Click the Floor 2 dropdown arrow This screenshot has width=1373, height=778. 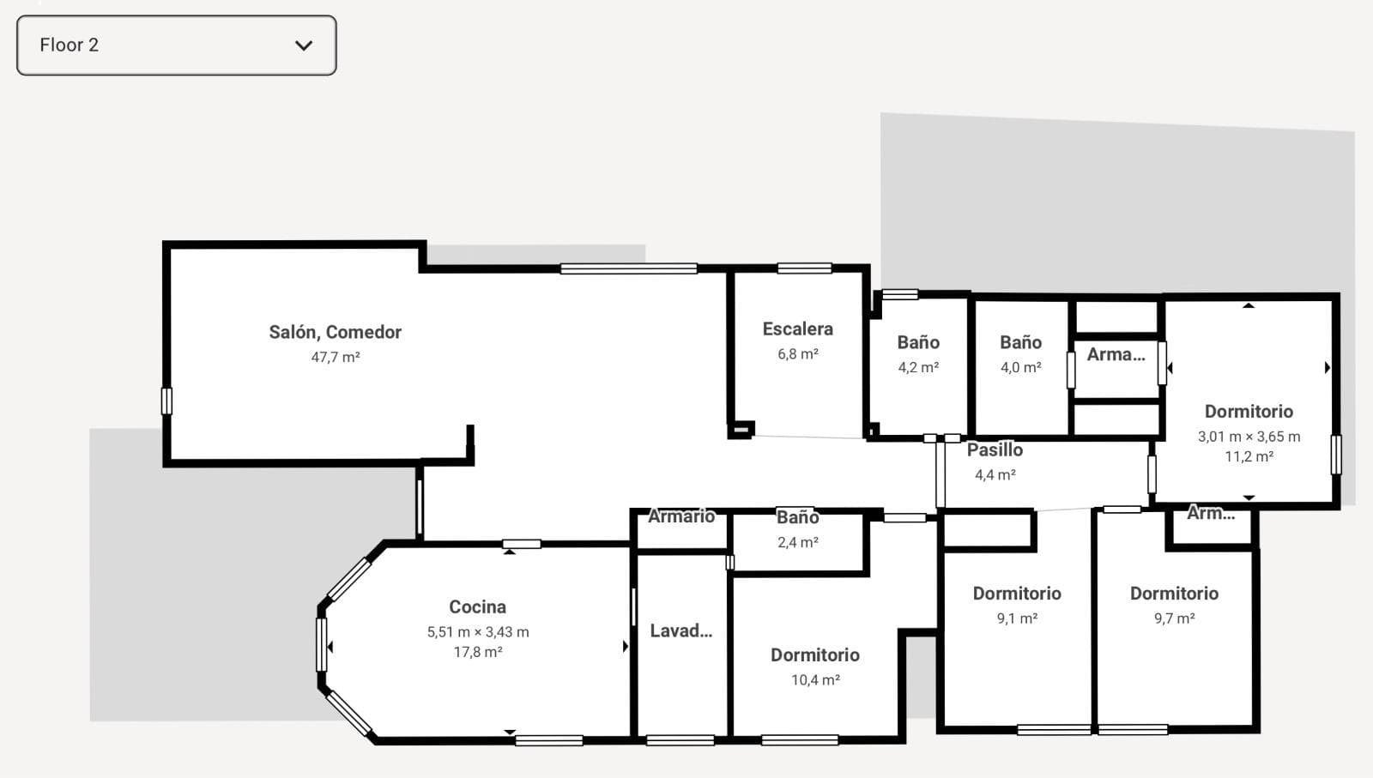coord(304,45)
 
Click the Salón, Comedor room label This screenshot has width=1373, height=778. coord(336,332)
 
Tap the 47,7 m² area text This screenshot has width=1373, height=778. coord(336,357)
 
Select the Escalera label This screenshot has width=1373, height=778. coord(797,329)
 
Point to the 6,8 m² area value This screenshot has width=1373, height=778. coord(798,354)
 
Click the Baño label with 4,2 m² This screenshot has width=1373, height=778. coord(918,342)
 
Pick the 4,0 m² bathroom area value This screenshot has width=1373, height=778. coord(1020,368)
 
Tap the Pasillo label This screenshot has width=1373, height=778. coord(995,450)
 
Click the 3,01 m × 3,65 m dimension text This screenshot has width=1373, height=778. coord(1249,437)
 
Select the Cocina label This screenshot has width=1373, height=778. coord(477,607)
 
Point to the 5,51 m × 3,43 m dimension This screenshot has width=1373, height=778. coord(478,632)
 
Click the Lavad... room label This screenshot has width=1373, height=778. coord(681,631)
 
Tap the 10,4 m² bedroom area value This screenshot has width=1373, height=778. coord(815,680)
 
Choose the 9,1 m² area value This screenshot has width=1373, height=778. coord(1017,618)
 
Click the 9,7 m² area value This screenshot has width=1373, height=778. coord(1175,618)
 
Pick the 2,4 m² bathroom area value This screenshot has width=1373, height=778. coord(798,543)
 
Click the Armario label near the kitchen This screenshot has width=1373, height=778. coord(681,516)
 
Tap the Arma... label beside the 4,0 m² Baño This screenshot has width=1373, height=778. coord(1116,355)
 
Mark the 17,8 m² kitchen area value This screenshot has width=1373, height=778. coord(478,653)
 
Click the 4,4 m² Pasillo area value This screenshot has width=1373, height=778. coord(995,475)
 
